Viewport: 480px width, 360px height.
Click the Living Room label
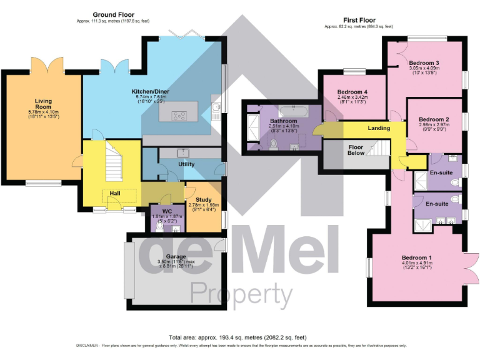[43, 103]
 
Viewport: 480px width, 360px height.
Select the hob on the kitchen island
[178, 114]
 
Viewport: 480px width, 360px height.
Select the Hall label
[115, 194]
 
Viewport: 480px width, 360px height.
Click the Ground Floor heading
[113, 14]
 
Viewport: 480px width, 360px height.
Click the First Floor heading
[358, 20]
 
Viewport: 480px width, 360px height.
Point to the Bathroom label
[283, 121]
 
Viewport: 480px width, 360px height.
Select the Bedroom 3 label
[424, 63]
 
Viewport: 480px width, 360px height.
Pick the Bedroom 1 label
[417, 257]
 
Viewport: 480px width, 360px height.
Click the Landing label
[379, 128]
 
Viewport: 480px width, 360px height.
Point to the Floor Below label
[355, 150]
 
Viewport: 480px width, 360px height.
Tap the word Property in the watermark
[241, 292]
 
